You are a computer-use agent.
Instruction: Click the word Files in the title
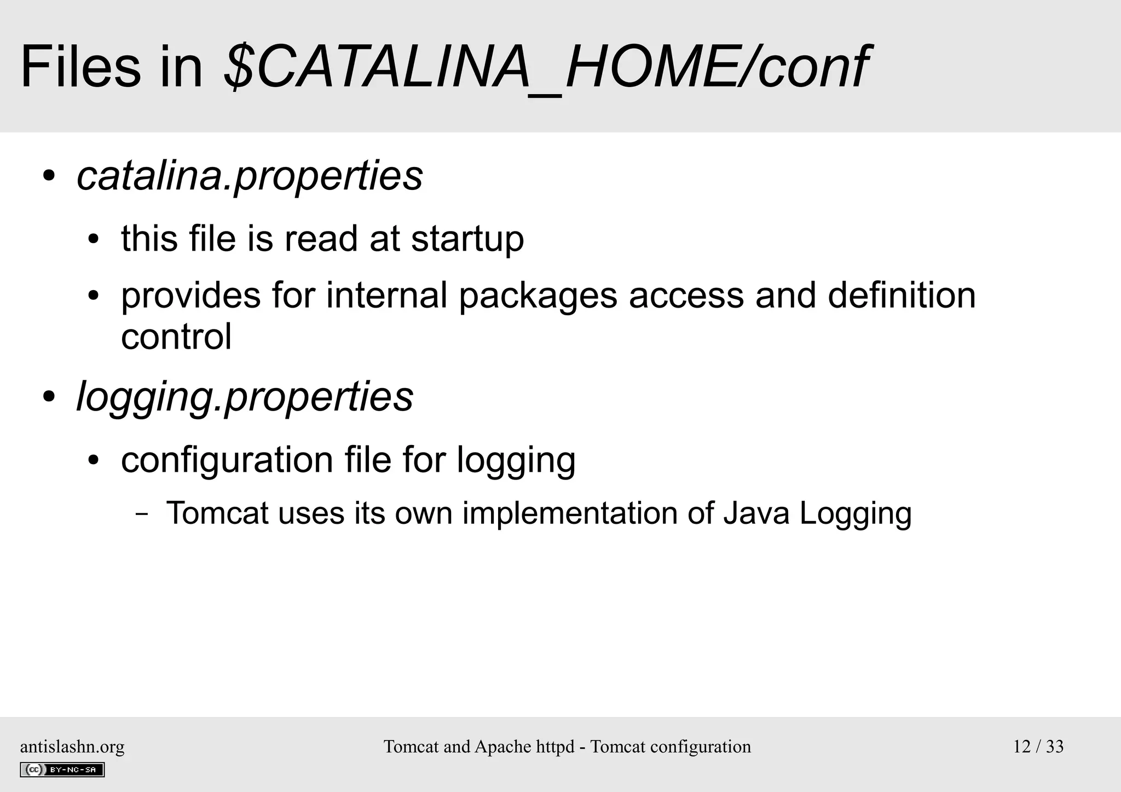pyautogui.click(x=80, y=68)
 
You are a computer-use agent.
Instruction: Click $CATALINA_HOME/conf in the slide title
pyautogui.click(x=545, y=68)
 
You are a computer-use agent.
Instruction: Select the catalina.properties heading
pyautogui.click(x=250, y=176)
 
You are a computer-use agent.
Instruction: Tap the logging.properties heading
pyautogui.click(x=245, y=397)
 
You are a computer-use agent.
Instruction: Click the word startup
pyautogui.click(x=467, y=239)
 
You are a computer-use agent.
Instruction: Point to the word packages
pyautogui.click(x=538, y=296)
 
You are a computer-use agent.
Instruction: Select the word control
pyautogui.click(x=176, y=336)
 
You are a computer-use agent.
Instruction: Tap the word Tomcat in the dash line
pyautogui.click(x=217, y=513)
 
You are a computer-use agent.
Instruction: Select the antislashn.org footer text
pyautogui.click(x=72, y=747)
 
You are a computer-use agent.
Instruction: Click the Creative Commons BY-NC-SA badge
pyautogui.click(x=62, y=770)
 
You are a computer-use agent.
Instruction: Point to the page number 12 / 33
pyautogui.click(x=1038, y=747)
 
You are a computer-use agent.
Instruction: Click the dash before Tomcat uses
pyautogui.click(x=142, y=514)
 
